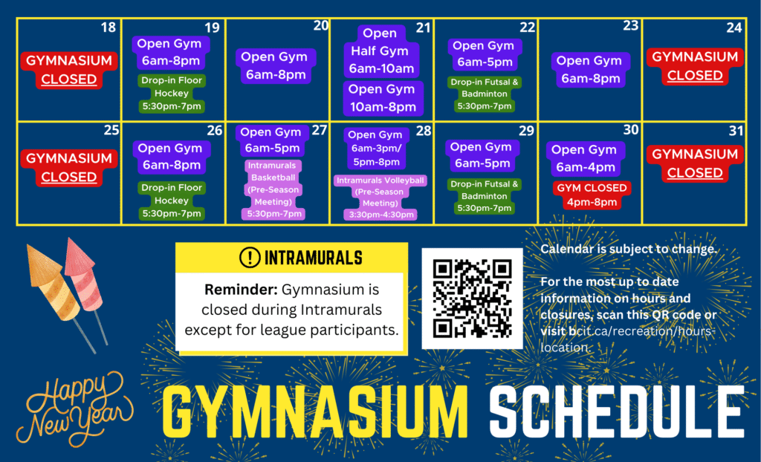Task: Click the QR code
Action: pos(472,299)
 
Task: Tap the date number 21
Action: pos(423,27)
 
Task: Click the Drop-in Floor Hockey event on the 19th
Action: pos(172,93)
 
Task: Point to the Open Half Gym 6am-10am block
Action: pos(381,51)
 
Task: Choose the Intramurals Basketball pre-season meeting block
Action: pos(273,189)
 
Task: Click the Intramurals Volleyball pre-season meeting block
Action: pos(380,198)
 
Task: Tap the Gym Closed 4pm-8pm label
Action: pos(592,195)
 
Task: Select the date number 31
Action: pos(736,131)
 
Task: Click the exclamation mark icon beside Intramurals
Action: pos(250,258)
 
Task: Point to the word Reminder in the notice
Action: pos(241,289)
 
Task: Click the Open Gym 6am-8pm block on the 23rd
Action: pos(591,70)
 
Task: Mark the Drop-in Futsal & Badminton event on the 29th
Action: pos(484,196)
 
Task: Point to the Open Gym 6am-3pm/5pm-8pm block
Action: pos(376,149)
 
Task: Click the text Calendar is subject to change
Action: pos(629,249)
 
